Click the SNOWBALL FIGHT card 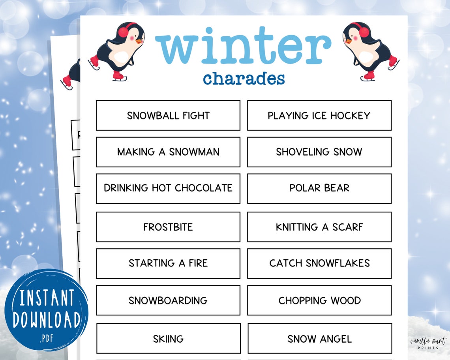click(x=168, y=115)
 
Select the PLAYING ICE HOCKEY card click(x=319, y=115)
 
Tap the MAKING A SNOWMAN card click(x=168, y=152)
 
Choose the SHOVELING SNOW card click(x=319, y=152)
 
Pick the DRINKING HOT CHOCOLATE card click(x=168, y=188)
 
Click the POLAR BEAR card click(x=319, y=188)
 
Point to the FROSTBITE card click(x=168, y=227)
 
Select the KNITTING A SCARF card click(x=319, y=227)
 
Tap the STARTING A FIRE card click(x=168, y=263)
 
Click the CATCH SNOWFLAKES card click(x=319, y=263)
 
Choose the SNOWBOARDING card click(x=168, y=300)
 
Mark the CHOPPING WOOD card click(x=319, y=300)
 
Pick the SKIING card click(x=168, y=339)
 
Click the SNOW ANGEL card click(x=319, y=339)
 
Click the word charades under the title click(x=244, y=79)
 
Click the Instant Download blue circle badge click(x=46, y=310)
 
